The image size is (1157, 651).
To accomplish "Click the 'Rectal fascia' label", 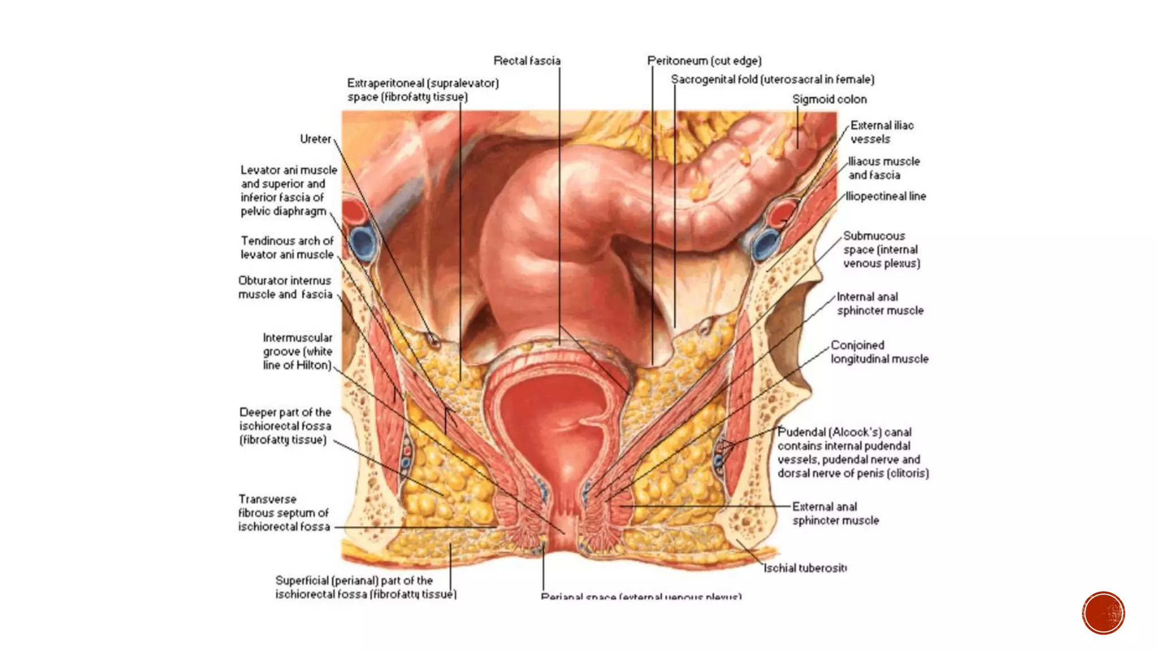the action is point(527,60).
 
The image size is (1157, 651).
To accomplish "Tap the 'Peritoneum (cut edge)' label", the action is point(704,60).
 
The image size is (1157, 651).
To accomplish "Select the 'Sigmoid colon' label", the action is point(829,99).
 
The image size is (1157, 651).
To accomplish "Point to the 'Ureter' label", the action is point(315,139).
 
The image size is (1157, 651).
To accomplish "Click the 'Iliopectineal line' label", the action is point(886,197).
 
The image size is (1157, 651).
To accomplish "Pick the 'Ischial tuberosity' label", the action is point(804,568).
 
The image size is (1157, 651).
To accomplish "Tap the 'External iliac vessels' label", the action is point(881,132).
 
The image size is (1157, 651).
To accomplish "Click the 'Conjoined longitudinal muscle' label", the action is point(879,352).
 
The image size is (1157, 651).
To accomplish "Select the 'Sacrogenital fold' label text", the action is point(772,80).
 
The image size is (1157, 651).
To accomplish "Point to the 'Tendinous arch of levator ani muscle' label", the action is point(287,248).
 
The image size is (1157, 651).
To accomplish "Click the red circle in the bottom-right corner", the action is point(1103,613).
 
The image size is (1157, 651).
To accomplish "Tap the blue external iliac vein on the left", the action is point(363,242).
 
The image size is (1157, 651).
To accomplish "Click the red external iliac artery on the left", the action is point(354,210).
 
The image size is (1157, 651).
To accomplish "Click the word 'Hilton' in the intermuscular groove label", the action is point(313,366).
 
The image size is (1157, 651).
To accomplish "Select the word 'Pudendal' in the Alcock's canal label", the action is point(801,432).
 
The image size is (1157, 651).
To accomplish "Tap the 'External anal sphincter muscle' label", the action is point(835,513).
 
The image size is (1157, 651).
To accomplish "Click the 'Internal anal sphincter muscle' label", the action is point(880,303).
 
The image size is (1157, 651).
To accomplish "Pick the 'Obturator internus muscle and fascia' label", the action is point(285,287).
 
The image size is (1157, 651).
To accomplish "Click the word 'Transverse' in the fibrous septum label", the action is point(267,500).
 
